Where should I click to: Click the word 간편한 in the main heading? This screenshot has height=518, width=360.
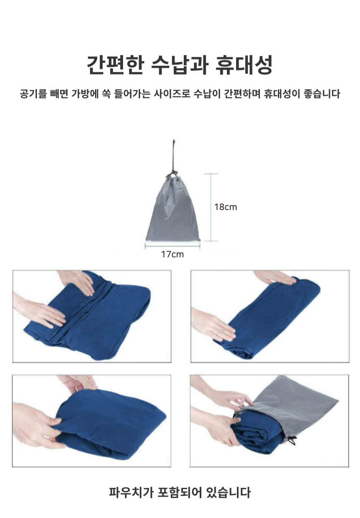pyautogui.click(x=115, y=65)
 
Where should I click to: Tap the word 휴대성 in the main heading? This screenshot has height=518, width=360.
pyautogui.click(x=244, y=65)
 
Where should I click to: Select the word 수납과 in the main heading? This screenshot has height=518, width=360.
pyautogui.click(x=179, y=65)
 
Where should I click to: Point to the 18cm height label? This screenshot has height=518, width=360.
pyautogui.click(x=226, y=207)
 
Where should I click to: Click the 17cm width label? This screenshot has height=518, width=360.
pyautogui.click(x=172, y=254)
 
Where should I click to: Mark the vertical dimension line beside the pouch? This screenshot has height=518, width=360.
pyautogui.click(x=211, y=207)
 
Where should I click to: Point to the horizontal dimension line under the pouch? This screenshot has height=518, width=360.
pyautogui.click(x=172, y=246)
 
